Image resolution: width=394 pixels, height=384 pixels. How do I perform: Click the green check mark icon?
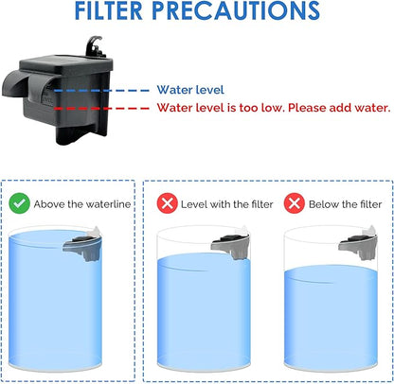(18, 203)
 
